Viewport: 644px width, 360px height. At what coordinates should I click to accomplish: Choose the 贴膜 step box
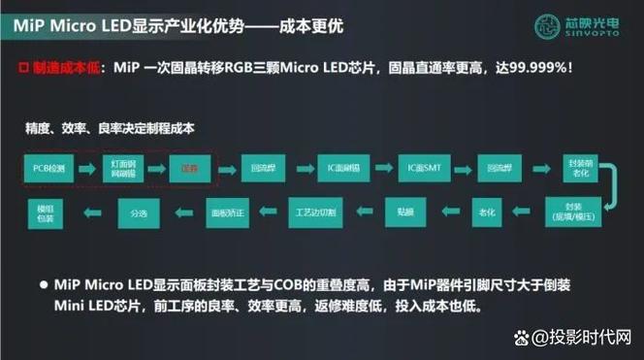pos(404,210)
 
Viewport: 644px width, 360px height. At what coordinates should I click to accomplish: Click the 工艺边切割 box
pos(315,210)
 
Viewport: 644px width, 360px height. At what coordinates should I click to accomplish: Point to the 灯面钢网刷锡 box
pos(116,168)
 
